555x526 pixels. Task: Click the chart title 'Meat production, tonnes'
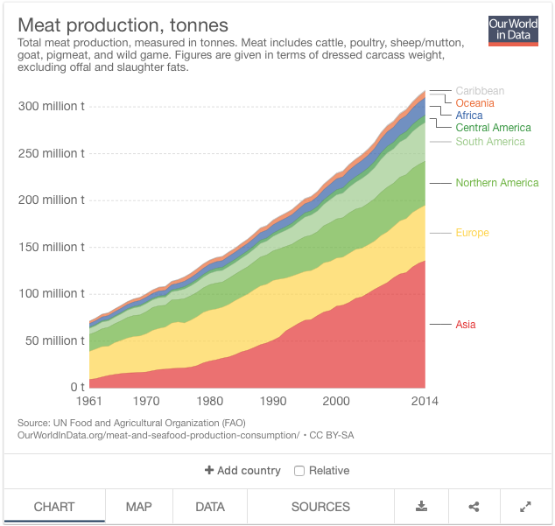click(123, 25)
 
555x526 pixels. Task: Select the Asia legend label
click(466, 325)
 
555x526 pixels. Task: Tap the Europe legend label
click(472, 233)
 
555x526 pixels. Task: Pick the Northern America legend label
click(496, 183)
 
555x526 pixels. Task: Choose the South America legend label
click(489, 142)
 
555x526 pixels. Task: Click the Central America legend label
click(493, 128)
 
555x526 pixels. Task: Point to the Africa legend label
click(469, 116)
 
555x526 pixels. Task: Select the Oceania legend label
click(474, 103)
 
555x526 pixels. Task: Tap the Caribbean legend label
click(480, 91)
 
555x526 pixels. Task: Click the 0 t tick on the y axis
click(77, 387)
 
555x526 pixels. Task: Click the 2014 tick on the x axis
click(425, 401)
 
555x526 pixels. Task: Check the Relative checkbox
click(299, 471)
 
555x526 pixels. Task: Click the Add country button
click(242, 471)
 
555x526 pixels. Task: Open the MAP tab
click(138, 507)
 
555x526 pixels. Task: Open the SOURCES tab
click(320, 507)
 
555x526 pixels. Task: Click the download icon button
click(421, 507)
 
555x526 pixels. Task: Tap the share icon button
click(474, 507)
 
